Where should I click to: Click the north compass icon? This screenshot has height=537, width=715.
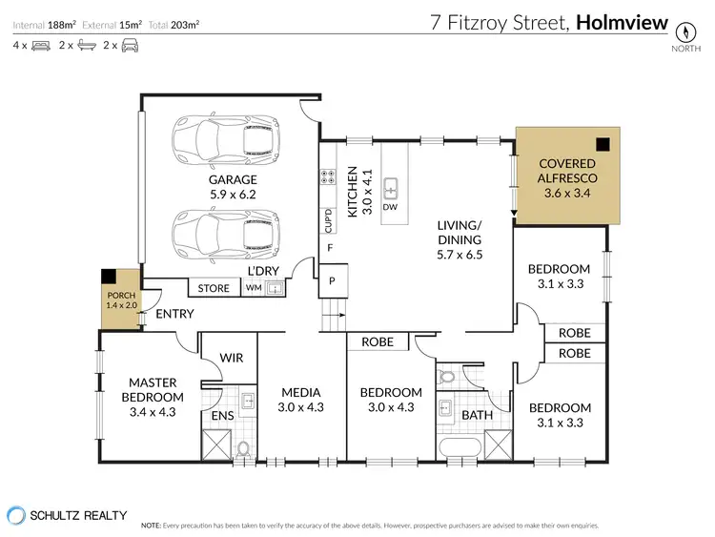pos(685,31)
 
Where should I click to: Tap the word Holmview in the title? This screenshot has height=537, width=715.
pos(622,22)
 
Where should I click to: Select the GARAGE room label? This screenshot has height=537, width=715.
pos(233,179)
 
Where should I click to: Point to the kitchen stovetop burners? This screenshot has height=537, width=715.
pos(327,176)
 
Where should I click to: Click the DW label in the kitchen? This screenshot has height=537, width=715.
pos(390,207)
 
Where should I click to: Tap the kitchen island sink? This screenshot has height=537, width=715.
pos(390,189)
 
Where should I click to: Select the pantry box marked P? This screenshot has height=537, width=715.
pos(333,280)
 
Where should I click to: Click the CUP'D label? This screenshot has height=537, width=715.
pos(328,220)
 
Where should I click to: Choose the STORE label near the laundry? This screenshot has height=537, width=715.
pos(214,288)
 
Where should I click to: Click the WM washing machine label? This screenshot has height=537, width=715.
pos(254,288)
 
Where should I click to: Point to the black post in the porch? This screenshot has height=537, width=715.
pos(109,276)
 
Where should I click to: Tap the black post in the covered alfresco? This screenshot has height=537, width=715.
pos(603,145)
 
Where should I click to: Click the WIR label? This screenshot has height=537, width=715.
pos(232,358)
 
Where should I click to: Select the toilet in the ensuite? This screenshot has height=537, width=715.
pos(243,448)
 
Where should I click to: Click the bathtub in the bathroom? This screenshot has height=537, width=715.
pos(460,448)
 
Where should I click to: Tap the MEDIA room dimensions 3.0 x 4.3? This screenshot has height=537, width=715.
pos(300,407)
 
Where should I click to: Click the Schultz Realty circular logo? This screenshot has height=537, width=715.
pos(16,516)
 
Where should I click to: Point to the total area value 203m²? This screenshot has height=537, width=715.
pos(185,25)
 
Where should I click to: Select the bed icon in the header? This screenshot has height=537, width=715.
pos(41,46)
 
